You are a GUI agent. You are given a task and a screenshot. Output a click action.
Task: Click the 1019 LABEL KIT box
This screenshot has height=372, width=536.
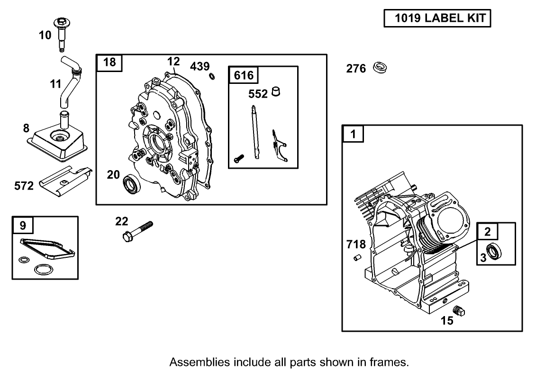coord(437,18)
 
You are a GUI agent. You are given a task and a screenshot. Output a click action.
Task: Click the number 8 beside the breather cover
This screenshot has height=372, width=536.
coord(27,128)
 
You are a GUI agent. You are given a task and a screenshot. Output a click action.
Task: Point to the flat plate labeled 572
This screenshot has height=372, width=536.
coord(64,180)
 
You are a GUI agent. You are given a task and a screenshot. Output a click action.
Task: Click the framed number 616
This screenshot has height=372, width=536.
coord(244,75)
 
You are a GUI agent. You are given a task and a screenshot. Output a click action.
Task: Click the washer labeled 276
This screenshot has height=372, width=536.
coord(380,67)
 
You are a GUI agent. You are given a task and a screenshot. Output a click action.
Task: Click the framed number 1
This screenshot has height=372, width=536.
coord(353,134)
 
